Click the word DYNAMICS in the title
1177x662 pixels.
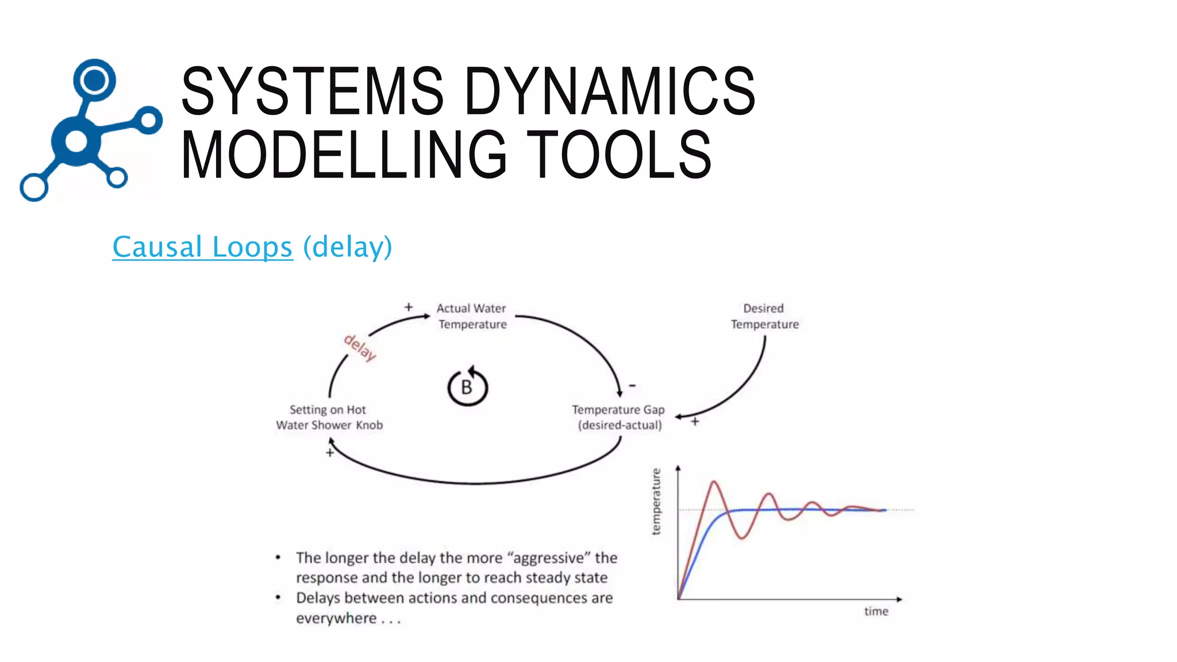pyautogui.click(x=609, y=91)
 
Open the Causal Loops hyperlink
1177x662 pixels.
pyautogui.click(x=202, y=247)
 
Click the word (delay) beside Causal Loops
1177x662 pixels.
pyautogui.click(x=348, y=247)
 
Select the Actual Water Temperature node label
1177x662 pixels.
pyautogui.click(x=472, y=316)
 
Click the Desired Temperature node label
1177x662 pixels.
pyautogui.click(x=764, y=316)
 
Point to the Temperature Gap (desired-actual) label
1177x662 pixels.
pyautogui.click(x=619, y=417)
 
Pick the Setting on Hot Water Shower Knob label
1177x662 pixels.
pyautogui.click(x=329, y=417)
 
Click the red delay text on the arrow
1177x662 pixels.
pyautogui.click(x=360, y=348)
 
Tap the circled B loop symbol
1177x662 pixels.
pyautogui.click(x=467, y=387)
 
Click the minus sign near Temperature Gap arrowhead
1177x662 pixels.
pyautogui.click(x=632, y=386)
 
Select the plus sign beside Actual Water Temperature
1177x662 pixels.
pyautogui.click(x=408, y=307)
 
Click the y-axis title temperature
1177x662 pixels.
pyautogui.click(x=656, y=502)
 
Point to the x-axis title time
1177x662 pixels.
pyautogui.click(x=876, y=611)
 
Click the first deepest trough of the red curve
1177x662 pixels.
pyautogui.click(x=742, y=538)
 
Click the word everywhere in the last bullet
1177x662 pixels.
pyautogui.click(x=336, y=618)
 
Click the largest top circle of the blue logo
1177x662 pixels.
pyautogui.click(x=94, y=80)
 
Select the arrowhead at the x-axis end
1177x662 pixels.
pyautogui.click(x=899, y=599)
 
